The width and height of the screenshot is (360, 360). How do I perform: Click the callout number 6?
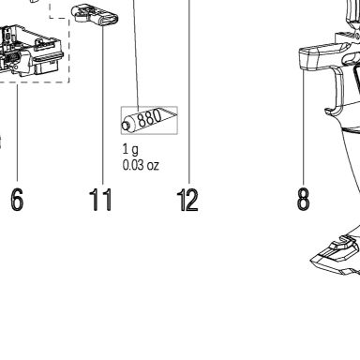coord(17,200)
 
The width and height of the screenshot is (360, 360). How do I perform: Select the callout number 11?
coord(100,200)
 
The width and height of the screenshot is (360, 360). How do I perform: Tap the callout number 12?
coord(187,200)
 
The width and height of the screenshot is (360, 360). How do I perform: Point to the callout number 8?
coord(303,199)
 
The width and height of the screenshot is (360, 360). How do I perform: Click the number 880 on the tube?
coord(150,119)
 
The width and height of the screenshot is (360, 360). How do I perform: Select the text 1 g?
coord(130,150)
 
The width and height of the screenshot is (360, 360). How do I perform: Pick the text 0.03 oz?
coord(141,165)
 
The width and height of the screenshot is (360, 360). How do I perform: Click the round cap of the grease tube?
coord(126,126)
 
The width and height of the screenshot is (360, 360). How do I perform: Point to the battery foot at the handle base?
coord(336,255)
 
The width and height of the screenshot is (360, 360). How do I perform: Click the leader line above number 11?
coord(103,105)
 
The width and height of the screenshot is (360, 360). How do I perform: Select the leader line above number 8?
coord(303,127)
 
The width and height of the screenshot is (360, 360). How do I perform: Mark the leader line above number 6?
coord(17,132)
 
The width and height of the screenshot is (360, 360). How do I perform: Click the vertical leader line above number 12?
coord(189,92)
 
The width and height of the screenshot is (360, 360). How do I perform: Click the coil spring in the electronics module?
coord(13,58)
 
